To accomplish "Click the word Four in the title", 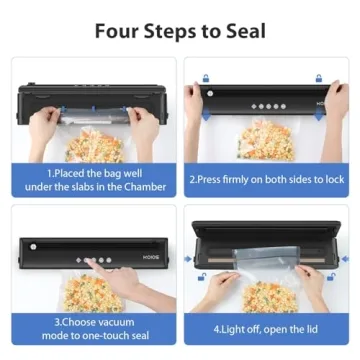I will point(121,30).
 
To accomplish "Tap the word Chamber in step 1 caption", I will point(144,184).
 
